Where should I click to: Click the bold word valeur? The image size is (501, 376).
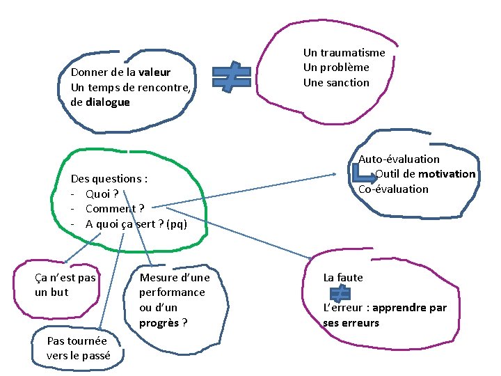(x=154, y=72)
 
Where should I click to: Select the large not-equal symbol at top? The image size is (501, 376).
(x=232, y=78)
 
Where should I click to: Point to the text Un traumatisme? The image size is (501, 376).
(x=344, y=53)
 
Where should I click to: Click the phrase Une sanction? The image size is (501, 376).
(x=336, y=83)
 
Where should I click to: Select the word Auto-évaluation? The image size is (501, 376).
(x=399, y=159)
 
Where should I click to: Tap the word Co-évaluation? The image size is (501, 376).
(x=393, y=189)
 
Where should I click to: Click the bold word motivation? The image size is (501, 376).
(x=447, y=174)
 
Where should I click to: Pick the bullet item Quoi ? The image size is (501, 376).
(x=102, y=194)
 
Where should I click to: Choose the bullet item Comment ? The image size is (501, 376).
(x=115, y=209)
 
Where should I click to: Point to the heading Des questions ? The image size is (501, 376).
(x=109, y=179)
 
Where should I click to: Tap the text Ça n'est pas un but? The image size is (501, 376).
(x=65, y=285)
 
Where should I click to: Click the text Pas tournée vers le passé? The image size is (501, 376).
(x=77, y=348)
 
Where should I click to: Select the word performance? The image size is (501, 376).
(x=172, y=292)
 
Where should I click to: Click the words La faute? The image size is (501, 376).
(x=343, y=278)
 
